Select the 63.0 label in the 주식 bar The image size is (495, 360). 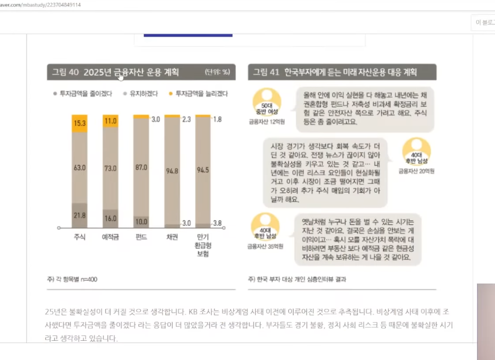[80, 168]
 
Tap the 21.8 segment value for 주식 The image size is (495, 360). [80, 216]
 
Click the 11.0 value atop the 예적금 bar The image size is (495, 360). [110, 121]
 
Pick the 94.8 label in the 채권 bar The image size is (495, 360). [172, 170]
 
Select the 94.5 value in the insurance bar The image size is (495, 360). [203, 170]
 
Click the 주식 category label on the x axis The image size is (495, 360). [80, 237]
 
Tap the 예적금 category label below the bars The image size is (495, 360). [110, 237]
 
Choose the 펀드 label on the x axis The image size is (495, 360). [141, 237]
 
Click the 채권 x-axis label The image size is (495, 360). [172, 237]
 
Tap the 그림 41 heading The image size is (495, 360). [335, 72]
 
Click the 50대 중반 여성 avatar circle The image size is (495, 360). [267, 102]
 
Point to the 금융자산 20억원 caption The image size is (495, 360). [416, 171]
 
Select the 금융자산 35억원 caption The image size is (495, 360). [265, 246]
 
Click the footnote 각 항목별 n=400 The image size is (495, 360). [72, 279]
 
